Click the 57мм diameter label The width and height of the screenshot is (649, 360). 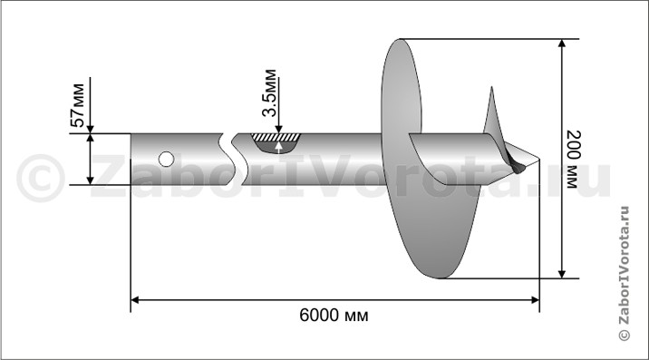click(x=78, y=105)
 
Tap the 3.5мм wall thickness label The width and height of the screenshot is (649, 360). click(x=269, y=93)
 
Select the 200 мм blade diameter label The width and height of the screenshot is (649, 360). click(x=574, y=160)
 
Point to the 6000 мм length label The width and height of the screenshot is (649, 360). click(x=334, y=316)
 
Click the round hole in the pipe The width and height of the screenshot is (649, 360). click(x=167, y=159)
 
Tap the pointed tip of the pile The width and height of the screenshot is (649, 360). click(x=538, y=159)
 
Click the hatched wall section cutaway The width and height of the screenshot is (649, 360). click(x=276, y=137)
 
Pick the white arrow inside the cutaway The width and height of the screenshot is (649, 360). click(x=279, y=148)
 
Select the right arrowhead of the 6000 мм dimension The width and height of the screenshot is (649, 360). click(x=535, y=300)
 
